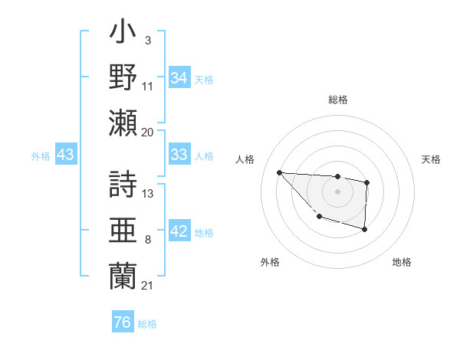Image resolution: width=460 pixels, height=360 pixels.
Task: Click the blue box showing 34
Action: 179,77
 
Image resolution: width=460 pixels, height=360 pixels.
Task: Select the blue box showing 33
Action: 179,155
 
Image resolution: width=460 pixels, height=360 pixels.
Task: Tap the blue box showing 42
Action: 179,232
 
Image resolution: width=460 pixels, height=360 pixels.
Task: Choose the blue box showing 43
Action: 66,155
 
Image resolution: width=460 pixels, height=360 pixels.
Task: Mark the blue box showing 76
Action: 122,322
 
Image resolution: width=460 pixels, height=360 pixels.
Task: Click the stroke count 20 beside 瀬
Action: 148,132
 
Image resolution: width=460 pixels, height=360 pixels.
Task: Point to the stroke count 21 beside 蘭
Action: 148,286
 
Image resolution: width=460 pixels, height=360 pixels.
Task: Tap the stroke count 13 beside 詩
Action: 148,194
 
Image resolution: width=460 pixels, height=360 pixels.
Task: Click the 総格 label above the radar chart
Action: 337,100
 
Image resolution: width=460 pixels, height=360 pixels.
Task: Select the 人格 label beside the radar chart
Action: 245,159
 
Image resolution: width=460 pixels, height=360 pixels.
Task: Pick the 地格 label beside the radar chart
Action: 402,262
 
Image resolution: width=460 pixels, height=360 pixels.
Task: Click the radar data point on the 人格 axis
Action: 280,172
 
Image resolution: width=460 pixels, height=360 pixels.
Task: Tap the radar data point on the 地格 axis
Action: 365,229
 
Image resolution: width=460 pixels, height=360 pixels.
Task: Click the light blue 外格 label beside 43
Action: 41,155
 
